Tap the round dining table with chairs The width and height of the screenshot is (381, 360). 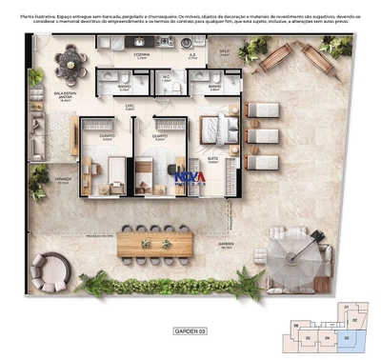click(x=70, y=65)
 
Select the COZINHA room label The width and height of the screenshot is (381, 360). click(x=141, y=56)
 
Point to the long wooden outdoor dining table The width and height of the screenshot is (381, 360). click(x=154, y=245)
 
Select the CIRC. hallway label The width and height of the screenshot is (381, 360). click(x=130, y=107)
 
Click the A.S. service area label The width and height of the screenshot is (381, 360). click(x=192, y=56)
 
